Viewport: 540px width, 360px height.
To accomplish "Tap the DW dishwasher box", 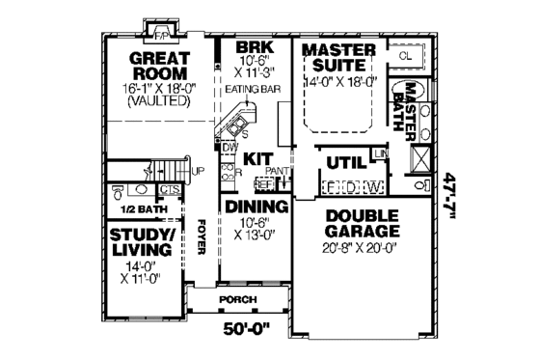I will pos(229,147).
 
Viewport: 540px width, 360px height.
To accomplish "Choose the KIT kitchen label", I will pos(256,157).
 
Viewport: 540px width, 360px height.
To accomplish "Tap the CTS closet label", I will pos(170,189).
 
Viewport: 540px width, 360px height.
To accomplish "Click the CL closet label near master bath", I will pos(405,56).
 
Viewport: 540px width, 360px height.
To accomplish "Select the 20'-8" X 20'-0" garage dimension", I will pos(362,248).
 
